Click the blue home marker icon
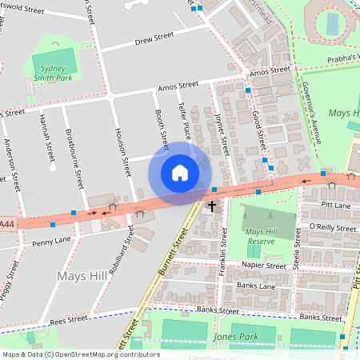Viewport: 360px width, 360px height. tap(180, 172)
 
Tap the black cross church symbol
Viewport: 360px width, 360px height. tap(212, 207)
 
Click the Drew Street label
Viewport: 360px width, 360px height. tap(154, 38)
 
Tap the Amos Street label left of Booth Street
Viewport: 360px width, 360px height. tap(178, 85)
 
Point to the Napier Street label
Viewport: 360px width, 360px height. tap(265, 266)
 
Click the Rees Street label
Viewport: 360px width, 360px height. tap(67, 319)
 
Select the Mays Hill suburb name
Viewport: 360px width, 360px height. tap(82, 276)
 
